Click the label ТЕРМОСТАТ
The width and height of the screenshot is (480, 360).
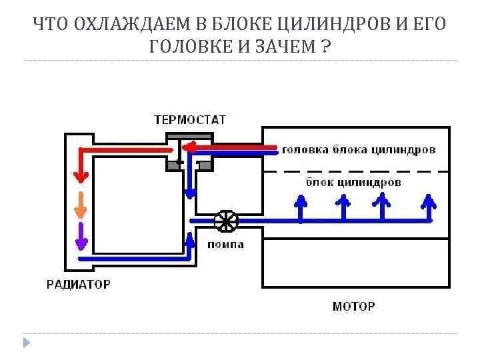[x=190, y=121]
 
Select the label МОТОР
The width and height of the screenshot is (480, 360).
[x=353, y=307]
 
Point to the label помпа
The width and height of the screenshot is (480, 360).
[x=226, y=245]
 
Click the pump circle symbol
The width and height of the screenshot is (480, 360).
[x=226, y=221]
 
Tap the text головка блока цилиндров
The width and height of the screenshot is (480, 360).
[x=359, y=150]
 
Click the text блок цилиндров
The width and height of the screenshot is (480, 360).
[x=353, y=182]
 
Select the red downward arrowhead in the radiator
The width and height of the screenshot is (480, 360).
[x=81, y=176]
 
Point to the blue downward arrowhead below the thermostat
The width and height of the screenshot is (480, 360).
[x=191, y=193]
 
